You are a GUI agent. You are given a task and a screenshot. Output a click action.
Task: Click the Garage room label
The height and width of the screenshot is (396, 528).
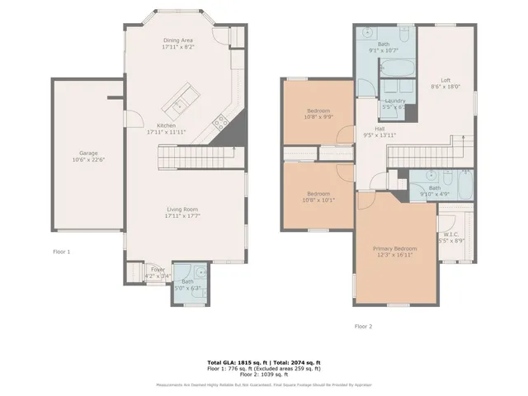(87, 153)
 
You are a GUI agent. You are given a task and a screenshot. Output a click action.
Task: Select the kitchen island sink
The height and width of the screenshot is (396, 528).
(180, 105)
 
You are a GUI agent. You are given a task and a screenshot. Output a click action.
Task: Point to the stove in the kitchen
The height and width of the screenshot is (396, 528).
(220, 123)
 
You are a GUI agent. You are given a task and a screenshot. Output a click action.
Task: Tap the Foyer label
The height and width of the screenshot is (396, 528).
(158, 270)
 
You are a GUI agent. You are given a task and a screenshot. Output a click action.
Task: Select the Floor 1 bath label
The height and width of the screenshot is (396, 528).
(188, 281)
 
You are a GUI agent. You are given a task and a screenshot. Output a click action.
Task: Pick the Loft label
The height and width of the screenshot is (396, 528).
(445, 80)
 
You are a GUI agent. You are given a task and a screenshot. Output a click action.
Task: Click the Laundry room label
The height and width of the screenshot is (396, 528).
(394, 100)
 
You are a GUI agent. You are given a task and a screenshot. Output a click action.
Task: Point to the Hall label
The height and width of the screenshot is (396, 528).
(379, 129)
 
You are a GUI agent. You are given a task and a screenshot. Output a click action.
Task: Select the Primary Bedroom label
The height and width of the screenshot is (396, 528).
(394, 248)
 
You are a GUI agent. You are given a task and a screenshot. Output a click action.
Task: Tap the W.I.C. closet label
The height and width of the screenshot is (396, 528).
(453, 234)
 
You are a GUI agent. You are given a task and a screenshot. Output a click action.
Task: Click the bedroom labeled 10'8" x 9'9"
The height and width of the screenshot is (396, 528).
(319, 111)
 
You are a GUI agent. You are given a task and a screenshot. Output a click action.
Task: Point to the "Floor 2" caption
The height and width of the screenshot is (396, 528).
(364, 326)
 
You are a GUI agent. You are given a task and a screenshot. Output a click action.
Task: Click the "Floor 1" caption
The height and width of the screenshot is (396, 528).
(62, 251)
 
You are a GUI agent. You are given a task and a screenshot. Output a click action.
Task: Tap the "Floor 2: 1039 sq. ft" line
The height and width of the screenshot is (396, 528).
(264, 375)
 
